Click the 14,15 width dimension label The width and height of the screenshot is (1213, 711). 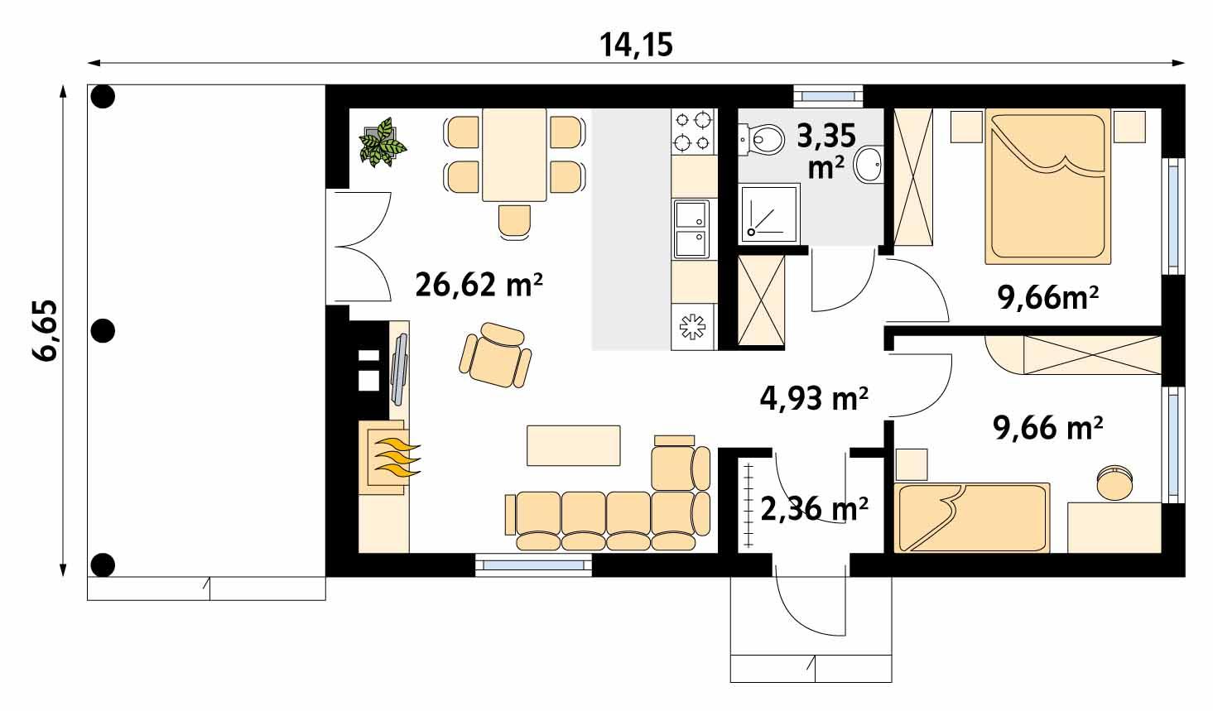pyautogui.click(x=636, y=44)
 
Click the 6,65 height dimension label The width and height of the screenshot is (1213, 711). pyautogui.click(x=46, y=329)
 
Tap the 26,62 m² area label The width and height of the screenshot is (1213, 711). pyautogui.click(x=479, y=286)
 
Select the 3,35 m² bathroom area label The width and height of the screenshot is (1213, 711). pyautogui.click(x=826, y=149)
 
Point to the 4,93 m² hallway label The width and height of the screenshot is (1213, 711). pyautogui.click(x=813, y=398)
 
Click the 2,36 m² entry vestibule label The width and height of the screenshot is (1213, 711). pyautogui.click(x=813, y=508)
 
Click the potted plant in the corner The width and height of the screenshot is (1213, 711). pyautogui.click(x=382, y=142)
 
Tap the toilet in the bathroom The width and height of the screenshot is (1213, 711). pyautogui.click(x=763, y=139)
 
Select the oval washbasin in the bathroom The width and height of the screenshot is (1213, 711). pyautogui.click(x=869, y=164)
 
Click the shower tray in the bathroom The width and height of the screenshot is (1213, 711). pyautogui.click(x=770, y=214)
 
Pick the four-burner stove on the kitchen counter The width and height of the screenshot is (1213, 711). pyautogui.click(x=693, y=132)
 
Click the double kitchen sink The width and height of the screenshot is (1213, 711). pyautogui.click(x=691, y=229)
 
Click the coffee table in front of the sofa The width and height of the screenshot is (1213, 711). pyautogui.click(x=574, y=445)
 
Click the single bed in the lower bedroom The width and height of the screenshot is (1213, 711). pyautogui.click(x=974, y=518)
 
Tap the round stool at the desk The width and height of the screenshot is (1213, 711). pyautogui.click(x=1114, y=483)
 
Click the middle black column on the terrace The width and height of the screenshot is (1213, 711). pyautogui.click(x=102, y=331)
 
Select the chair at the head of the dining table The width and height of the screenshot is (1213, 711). pyautogui.click(x=514, y=221)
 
